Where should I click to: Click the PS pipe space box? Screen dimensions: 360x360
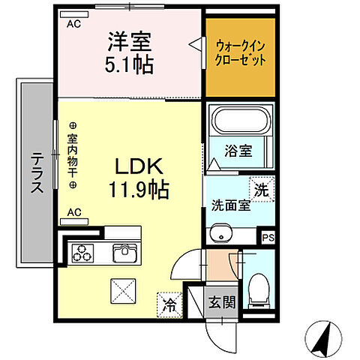coord(268,238)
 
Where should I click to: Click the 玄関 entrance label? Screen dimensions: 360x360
coord(220,303)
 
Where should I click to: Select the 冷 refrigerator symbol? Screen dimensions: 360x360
coord(169,304)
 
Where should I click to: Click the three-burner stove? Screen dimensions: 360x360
coord(81,253)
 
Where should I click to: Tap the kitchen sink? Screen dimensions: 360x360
coord(123,253)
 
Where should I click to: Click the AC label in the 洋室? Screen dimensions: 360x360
coord(74,23)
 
